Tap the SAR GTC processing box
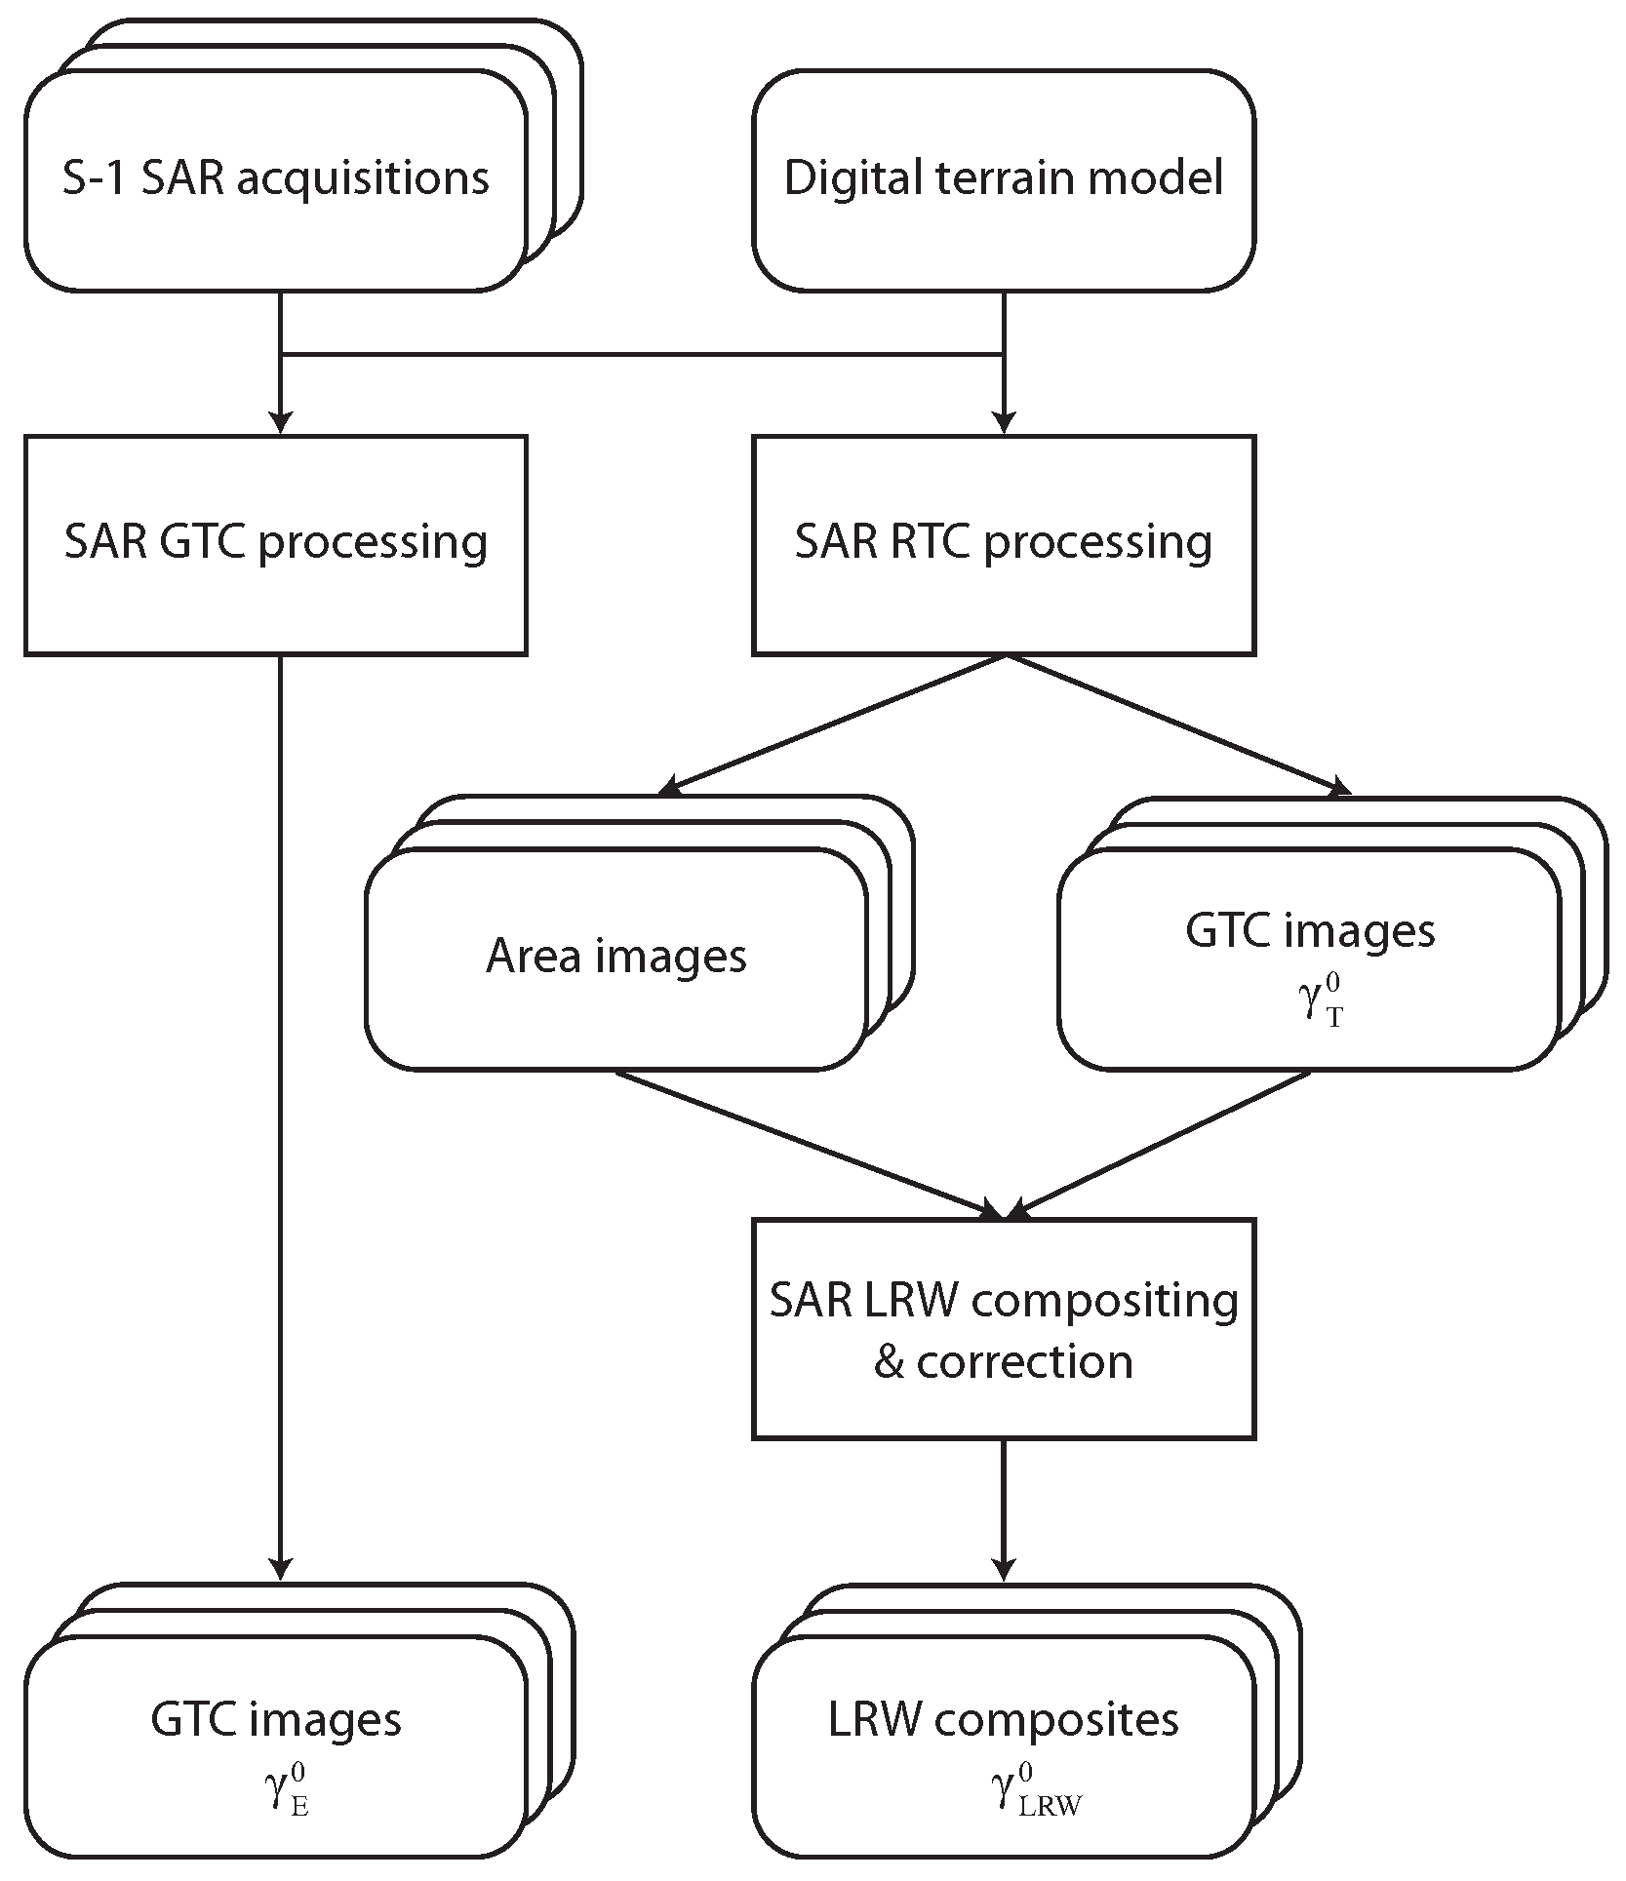pyautogui.click(x=276, y=544)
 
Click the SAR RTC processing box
pyautogui.click(x=1003, y=544)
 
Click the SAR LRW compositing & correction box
pyautogui.click(x=1003, y=1328)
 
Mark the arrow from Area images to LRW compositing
pyautogui.click(x=810, y=1144)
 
